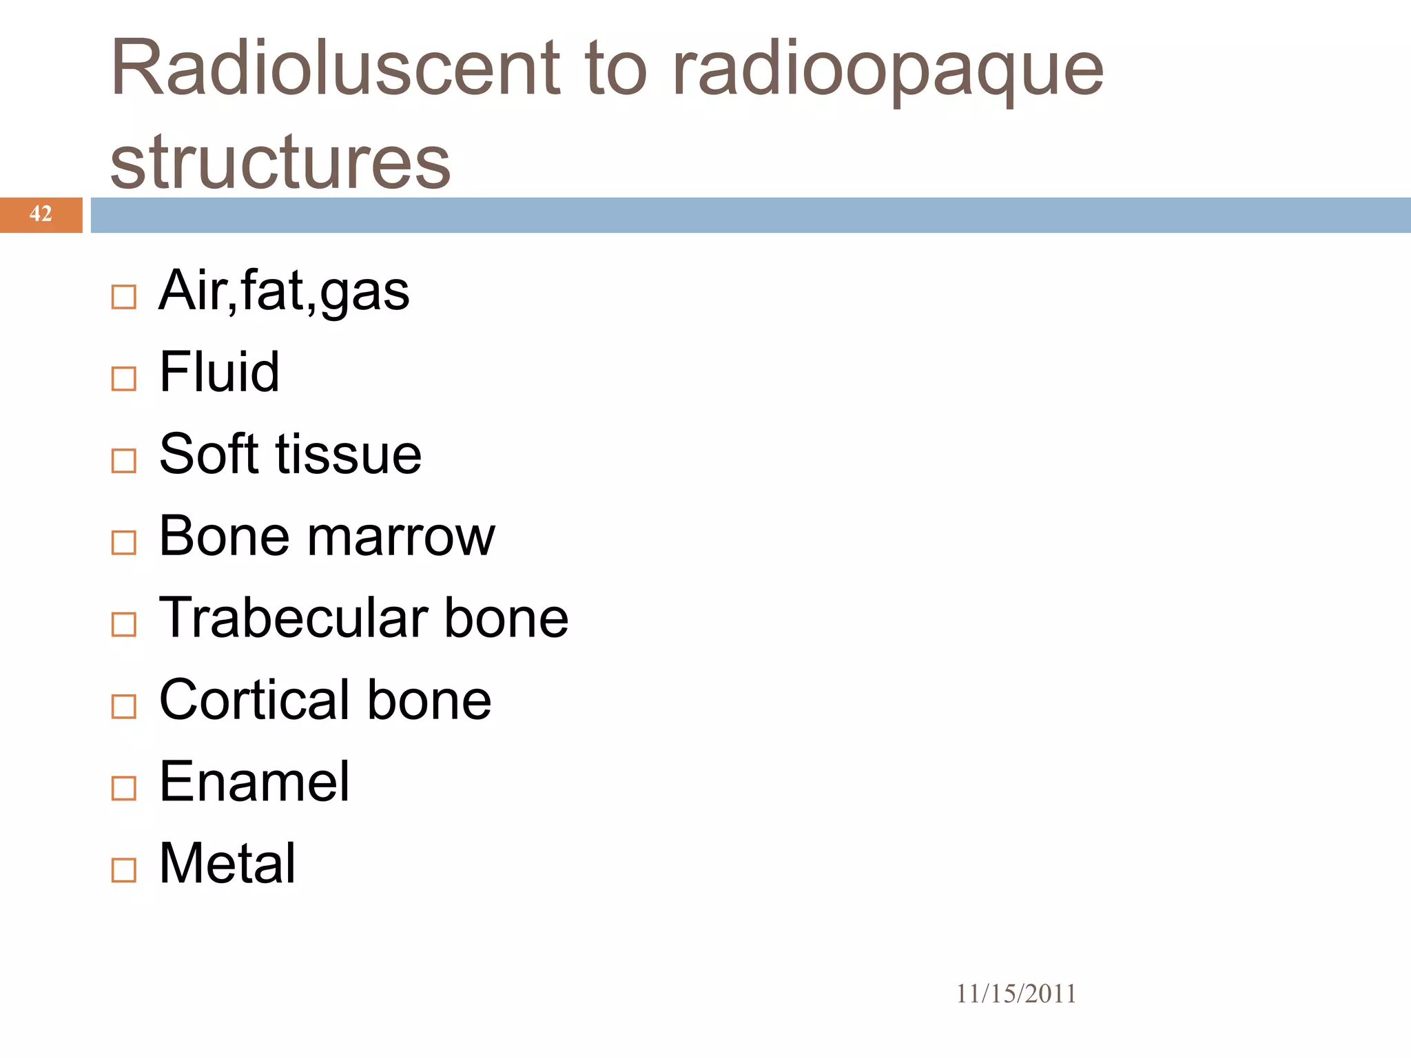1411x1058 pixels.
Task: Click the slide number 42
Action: point(41,214)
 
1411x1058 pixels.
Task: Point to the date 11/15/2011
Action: point(1016,994)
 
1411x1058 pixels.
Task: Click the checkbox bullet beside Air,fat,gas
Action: point(124,298)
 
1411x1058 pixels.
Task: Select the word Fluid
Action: point(219,372)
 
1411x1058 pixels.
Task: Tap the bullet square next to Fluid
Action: point(124,379)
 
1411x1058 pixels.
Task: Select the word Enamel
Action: point(254,782)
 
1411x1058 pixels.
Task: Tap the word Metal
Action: point(227,863)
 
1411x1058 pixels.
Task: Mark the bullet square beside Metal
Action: point(124,871)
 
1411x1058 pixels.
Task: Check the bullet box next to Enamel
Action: point(124,789)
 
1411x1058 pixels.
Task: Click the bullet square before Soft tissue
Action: point(124,461)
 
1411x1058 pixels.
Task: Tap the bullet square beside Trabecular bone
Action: point(124,625)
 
